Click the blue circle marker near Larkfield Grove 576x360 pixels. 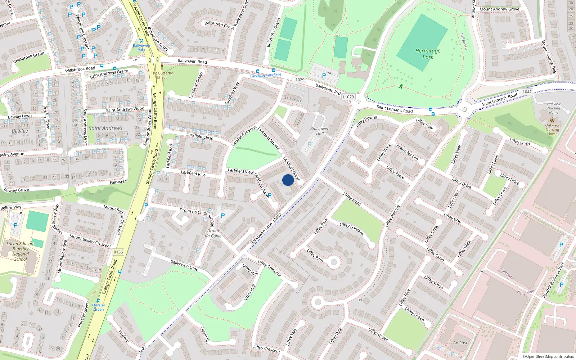click(288, 180)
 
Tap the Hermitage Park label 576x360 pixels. click(428, 54)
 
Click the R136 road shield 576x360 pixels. click(118, 252)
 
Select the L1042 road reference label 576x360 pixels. click(526, 92)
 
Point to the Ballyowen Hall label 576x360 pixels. click(320, 131)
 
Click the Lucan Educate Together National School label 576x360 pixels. click(21, 251)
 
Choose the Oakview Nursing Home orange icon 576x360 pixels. click(552, 120)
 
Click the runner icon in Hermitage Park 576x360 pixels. click(401, 86)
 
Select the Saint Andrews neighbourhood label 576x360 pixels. click(105, 128)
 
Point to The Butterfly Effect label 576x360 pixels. click(162, 75)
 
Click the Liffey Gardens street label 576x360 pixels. click(352, 229)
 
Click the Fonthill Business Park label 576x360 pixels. click(554, 280)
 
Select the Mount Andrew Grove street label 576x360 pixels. click(499, 9)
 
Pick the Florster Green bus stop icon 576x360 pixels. click(99, 300)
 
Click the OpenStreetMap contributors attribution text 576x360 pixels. click(548, 356)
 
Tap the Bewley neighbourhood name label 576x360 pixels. click(19, 131)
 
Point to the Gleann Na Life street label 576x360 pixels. click(407, 152)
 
